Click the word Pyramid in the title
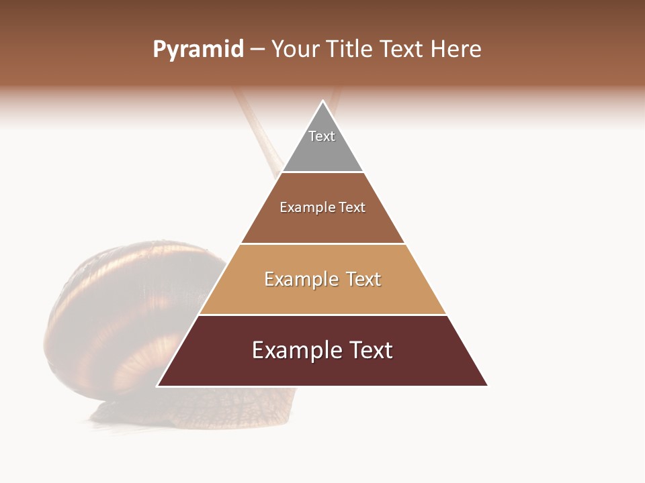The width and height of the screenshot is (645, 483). (198, 50)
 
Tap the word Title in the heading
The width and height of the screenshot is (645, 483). (350, 50)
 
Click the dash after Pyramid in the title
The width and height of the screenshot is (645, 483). (257, 50)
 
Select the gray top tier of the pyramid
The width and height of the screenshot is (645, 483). (322, 151)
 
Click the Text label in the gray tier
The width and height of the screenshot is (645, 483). (322, 136)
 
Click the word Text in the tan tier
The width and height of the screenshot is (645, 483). (363, 279)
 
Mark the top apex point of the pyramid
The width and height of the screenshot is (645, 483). (322, 101)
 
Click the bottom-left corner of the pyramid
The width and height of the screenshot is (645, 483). (158, 386)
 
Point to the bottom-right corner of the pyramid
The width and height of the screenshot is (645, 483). (487, 386)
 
